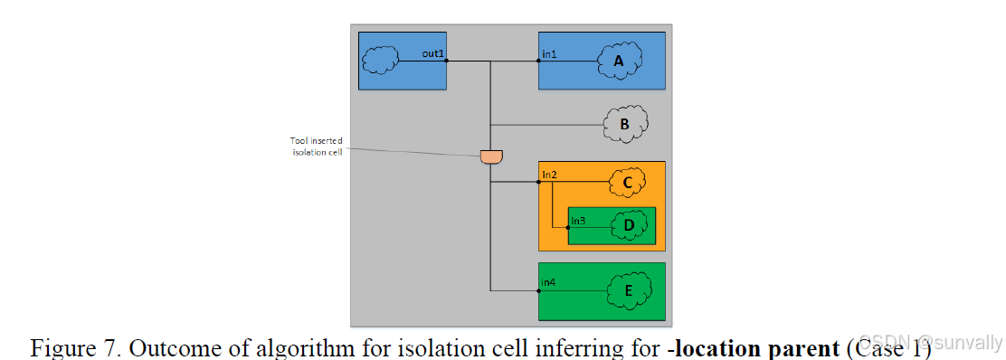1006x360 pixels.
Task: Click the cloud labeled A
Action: coord(619,61)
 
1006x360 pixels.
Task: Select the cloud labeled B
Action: coord(624,125)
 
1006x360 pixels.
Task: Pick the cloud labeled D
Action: coord(629,224)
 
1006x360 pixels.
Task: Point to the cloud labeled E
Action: coord(627,290)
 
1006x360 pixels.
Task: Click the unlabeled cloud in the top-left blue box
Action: coord(380,61)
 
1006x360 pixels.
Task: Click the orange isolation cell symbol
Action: coord(490,156)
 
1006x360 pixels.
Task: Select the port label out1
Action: coord(433,54)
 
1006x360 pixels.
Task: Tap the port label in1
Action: coord(550,54)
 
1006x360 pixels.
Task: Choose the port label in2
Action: coord(549,173)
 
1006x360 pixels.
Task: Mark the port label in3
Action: coord(578,220)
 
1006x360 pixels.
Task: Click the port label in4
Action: coord(549,283)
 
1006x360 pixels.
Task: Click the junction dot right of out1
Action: coord(448,62)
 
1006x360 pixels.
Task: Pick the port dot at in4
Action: coord(539,290)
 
